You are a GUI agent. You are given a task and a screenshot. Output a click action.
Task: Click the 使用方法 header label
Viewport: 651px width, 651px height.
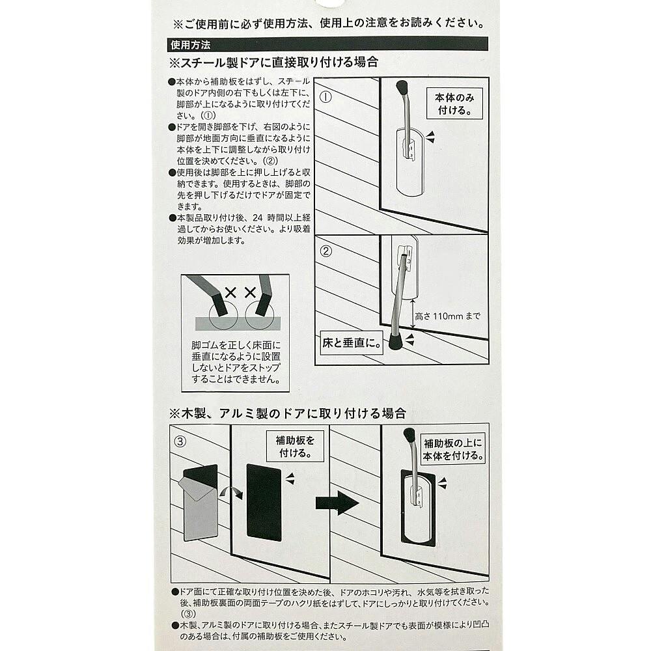191,44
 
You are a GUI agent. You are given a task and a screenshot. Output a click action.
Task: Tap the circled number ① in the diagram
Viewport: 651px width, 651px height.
326,97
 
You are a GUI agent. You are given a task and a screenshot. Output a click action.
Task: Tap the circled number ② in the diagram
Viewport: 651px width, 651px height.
326,251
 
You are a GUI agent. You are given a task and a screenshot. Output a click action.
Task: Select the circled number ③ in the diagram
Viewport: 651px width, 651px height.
180,441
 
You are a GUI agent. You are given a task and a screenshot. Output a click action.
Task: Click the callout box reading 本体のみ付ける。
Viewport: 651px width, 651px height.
454,104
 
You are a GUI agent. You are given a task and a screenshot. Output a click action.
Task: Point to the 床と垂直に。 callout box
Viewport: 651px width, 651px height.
352,342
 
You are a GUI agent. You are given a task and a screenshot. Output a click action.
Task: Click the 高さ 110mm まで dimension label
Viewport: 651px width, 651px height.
448,316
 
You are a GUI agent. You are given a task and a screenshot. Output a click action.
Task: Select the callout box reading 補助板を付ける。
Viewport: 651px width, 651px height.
295,447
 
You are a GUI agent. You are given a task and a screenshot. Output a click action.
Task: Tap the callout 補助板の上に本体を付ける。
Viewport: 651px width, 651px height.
453,449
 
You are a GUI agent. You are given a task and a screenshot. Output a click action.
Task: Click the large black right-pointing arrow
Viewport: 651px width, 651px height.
337,503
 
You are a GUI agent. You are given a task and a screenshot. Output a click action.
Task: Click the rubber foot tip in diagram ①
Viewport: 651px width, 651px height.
402,88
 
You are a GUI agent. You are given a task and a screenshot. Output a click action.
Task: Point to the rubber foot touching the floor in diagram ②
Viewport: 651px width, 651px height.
396,341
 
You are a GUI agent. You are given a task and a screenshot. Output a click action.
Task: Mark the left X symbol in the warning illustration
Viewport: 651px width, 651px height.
230,293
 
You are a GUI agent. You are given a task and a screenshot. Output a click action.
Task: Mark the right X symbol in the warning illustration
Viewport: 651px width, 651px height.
250,293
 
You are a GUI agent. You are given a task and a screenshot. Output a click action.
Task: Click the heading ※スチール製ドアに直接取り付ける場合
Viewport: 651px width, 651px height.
273,62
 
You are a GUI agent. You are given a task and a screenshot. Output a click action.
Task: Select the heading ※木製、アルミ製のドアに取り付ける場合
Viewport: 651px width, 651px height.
287,413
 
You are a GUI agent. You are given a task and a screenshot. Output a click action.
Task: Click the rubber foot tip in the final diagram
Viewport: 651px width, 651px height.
409,435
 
